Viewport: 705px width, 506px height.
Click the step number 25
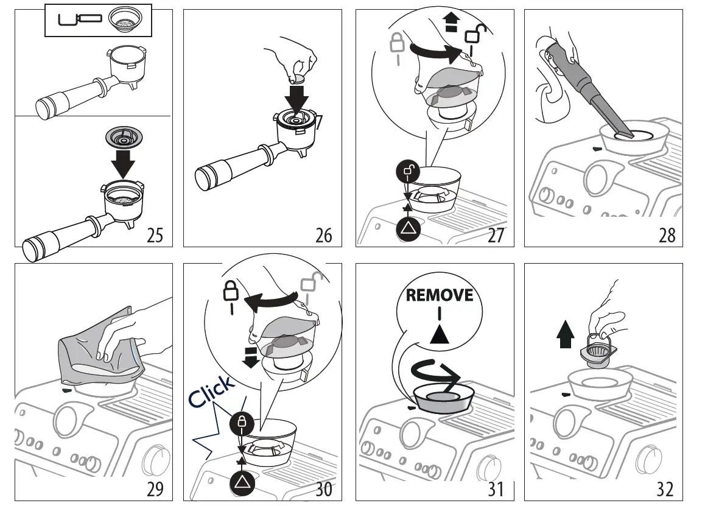tap(155, 235)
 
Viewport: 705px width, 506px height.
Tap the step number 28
tap(667, 235)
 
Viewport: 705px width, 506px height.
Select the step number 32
tap(665, 488)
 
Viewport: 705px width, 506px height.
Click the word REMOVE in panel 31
tap(440, 295)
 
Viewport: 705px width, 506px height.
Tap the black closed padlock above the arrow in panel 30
tap(241, 422)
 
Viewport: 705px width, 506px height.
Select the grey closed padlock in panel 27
tap(397, 43)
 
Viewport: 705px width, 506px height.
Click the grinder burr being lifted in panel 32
tap(599, 353)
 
